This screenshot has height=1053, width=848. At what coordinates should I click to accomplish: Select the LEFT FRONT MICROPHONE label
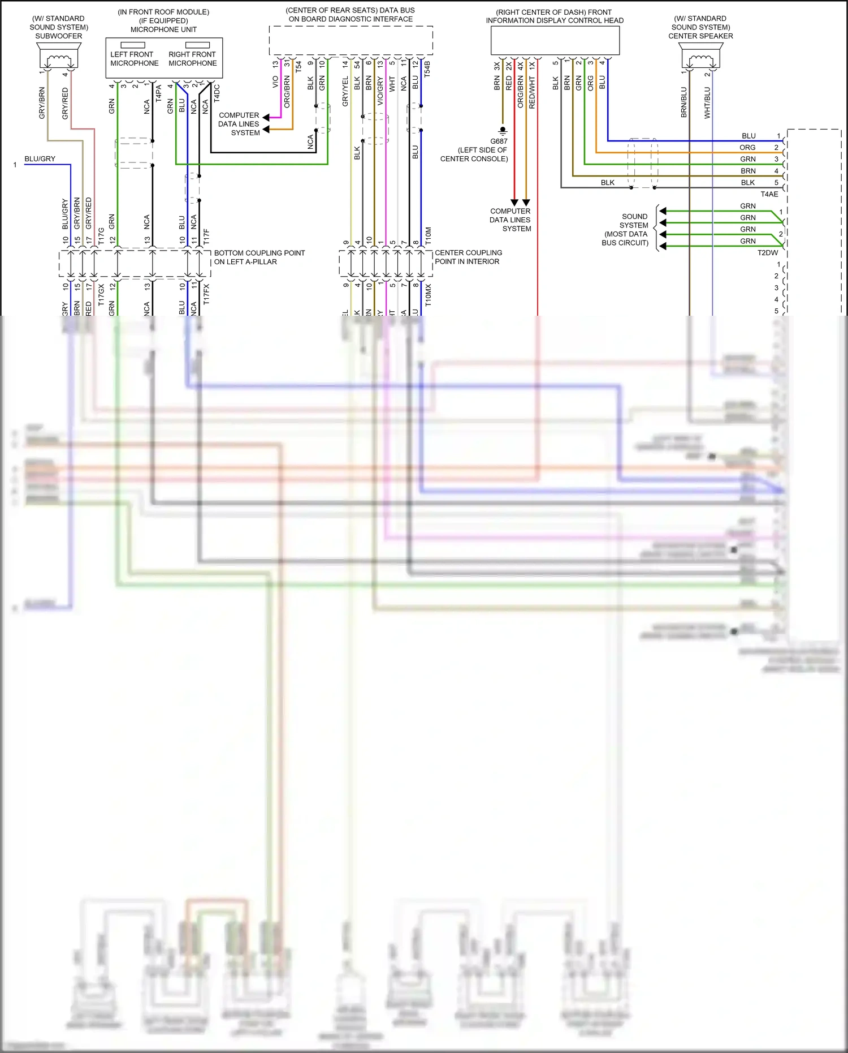(135, 59)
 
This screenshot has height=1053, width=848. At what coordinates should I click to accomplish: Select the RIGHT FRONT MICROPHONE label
(192, 59)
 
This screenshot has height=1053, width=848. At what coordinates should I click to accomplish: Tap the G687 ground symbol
(502, 131)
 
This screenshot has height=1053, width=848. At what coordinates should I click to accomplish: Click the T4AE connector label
(769, 194)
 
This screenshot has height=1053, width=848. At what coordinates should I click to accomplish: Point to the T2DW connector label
(768, 253)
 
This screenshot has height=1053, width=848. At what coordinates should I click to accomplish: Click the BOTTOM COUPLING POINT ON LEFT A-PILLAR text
(259, 257)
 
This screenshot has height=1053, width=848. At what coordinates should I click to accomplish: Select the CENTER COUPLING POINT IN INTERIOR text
(468, 257)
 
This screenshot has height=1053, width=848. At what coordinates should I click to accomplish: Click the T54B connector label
(427, 69)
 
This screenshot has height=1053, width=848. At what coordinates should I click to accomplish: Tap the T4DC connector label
(217, 93)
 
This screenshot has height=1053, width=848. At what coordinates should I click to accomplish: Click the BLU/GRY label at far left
(40, 159)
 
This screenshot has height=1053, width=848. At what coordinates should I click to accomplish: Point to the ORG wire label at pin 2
(747, 148)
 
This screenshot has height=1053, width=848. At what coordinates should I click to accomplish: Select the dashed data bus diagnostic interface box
(351, 40)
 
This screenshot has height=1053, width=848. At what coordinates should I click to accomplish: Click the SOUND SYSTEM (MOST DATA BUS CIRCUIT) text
(626, 230)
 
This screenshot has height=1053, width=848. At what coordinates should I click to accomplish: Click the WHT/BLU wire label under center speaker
(707, 102)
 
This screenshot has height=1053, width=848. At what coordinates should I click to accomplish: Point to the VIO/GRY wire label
(380, 91)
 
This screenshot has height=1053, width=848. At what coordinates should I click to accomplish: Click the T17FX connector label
(206, 295)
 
